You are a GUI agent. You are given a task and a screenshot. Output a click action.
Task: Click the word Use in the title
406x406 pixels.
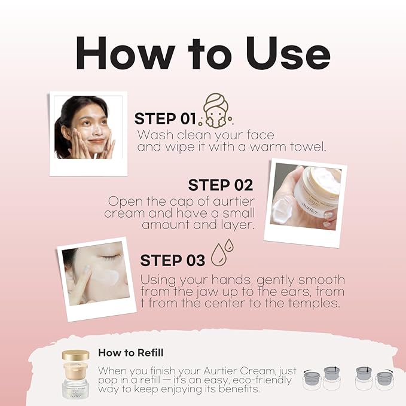click(288, 53)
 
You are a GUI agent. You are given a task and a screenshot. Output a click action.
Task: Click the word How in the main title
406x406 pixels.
click(126, 53)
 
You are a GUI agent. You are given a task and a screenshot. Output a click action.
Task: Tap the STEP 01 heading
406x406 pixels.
click(165, 119)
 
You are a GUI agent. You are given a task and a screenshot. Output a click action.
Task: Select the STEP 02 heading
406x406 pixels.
click(221, 185)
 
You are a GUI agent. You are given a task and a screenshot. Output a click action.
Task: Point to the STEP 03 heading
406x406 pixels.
click(172, 260)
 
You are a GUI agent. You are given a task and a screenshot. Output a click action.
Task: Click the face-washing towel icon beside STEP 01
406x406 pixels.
click(216, 111)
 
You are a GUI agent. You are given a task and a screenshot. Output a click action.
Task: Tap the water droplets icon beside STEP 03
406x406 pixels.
click(222, 252)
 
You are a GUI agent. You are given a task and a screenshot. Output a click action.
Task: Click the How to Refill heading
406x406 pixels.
click(131, 353)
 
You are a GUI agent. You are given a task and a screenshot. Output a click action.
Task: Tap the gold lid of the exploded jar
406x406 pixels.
click(75, 355)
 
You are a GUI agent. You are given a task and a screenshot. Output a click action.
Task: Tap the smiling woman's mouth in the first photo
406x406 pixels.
click(97, 141)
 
